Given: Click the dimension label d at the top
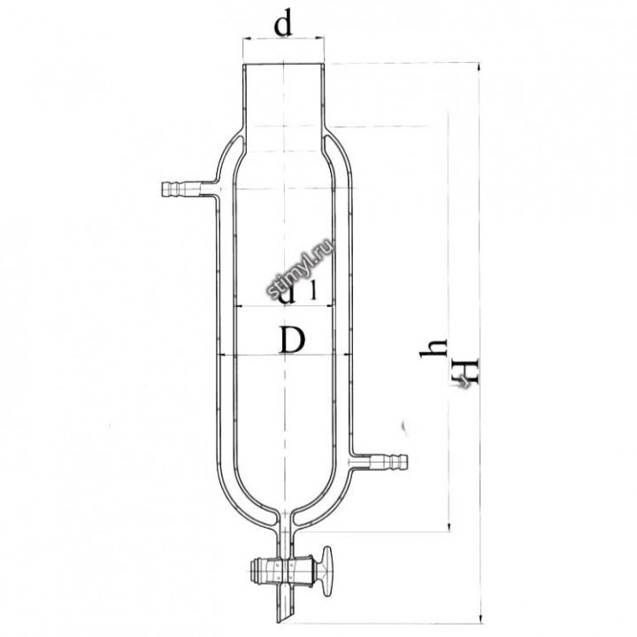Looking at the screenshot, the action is [x=283, y=25].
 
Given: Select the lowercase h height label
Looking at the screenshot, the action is [x=434, y=349].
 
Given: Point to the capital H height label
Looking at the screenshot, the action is [x=466, y=371].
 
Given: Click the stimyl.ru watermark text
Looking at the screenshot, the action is [x=300, y=268].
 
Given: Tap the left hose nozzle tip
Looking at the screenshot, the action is [x=165, y=189].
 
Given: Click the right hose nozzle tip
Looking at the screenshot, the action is [x=403, y=462].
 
